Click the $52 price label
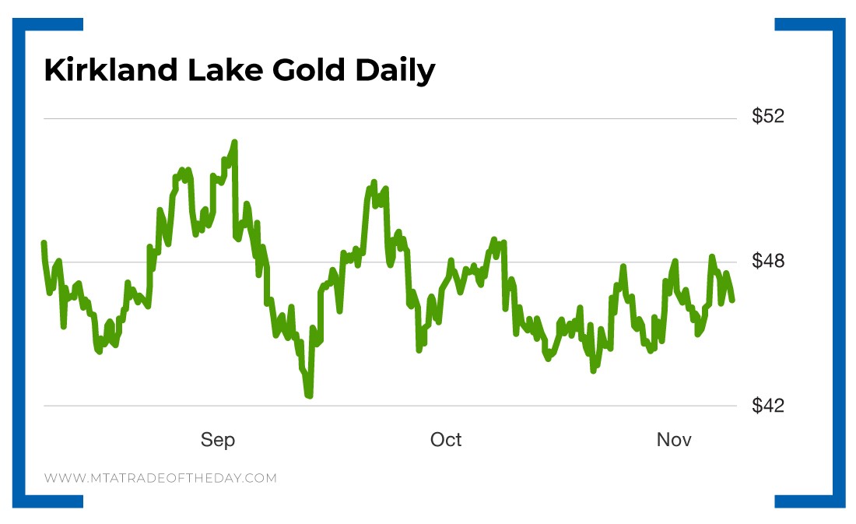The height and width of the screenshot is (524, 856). [768, 117]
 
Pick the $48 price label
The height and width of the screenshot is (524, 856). [768, 261]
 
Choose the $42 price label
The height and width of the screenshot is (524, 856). [768, 406]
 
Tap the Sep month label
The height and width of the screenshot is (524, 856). [218, 440]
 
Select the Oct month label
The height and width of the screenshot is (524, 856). [446, 440]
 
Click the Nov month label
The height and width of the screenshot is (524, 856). [674, 440]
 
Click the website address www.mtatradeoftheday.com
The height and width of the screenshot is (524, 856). [160, 478]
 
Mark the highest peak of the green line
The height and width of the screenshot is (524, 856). [234, 142]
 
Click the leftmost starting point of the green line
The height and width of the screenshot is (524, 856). [44, 243]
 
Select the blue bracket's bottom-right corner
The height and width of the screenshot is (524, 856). [840, 502]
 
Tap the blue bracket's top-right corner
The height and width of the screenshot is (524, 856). [840, 23]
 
